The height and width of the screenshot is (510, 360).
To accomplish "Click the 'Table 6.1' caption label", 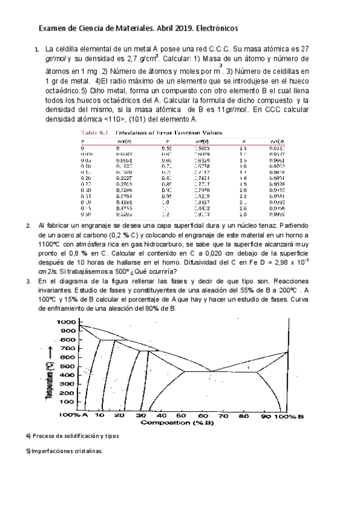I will coord(94,133).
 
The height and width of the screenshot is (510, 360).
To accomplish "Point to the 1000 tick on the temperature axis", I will coord(66,322).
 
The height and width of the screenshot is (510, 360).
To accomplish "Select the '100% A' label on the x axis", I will coord(73,416).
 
